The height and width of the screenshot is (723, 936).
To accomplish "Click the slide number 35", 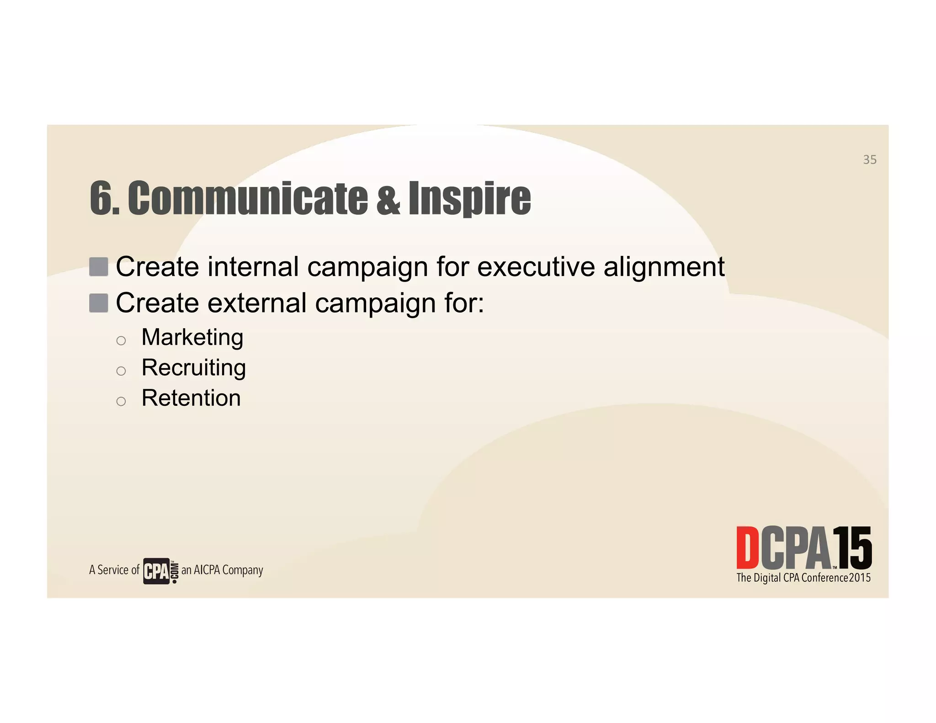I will pyautogui.click(x=869, y=159).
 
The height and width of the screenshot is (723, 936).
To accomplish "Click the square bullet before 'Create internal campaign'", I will pyautogui.click(x=99, y=267).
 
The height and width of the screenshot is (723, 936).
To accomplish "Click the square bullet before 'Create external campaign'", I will pyautogui.click(x=99, y=303).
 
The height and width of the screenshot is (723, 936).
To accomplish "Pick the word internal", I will pyautogui.click(x=253, y=266).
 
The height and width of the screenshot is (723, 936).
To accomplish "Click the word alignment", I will pyautogui.click(x=664, y=267).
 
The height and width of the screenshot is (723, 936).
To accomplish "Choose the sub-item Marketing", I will pyautogui.click(x=192, y=338).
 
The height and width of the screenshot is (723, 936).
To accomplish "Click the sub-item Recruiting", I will pyautogui.click(x=194, y=368).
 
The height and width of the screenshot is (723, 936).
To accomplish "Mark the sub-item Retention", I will pyautogui.click(x=191, y=398).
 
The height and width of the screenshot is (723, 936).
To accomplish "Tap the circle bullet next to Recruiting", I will pyautogui.click(x=121, y=371).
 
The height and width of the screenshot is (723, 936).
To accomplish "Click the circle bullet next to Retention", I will pyautogui.click(x=121, y=401).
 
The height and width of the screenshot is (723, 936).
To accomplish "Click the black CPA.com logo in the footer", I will pyautogui.click(x=160, y=571).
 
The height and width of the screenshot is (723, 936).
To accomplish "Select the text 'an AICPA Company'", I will pyautogui.click(x=223, y=570).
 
